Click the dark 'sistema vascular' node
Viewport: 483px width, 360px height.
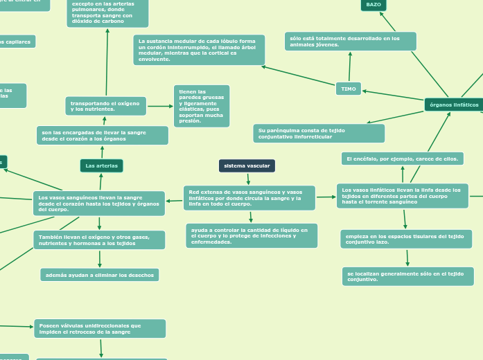[247, 166]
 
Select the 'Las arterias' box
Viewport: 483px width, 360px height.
[101, 166]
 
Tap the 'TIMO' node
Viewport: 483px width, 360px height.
[349, 89]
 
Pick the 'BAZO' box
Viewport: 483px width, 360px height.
[374, 5]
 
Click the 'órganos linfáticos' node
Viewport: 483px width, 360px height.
[454, 105]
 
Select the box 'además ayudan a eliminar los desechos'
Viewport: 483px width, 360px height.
[99, 275]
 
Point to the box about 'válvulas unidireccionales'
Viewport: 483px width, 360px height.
[100, 328]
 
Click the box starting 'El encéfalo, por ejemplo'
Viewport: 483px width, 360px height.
[402, 159]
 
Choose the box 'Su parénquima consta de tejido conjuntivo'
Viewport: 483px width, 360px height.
[319, 133]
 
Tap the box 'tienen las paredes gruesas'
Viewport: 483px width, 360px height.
[202, 106]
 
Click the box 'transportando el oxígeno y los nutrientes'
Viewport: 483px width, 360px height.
[106, 106]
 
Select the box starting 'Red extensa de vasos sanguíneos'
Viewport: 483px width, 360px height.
[249, 198]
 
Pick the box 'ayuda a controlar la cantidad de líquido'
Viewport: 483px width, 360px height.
[252, 235]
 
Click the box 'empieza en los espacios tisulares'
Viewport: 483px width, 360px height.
[406, 239]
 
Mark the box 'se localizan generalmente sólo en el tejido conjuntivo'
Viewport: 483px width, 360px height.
[407, 276]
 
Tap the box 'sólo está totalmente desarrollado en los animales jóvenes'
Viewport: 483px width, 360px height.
[350, 41]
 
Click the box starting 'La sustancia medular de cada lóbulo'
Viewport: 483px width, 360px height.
[199, 50]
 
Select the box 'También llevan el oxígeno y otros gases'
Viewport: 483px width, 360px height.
[99, 240]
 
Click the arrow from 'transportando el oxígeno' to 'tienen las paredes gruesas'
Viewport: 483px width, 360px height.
[160, 106]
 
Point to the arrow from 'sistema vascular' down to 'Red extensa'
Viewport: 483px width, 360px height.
[248, 179]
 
